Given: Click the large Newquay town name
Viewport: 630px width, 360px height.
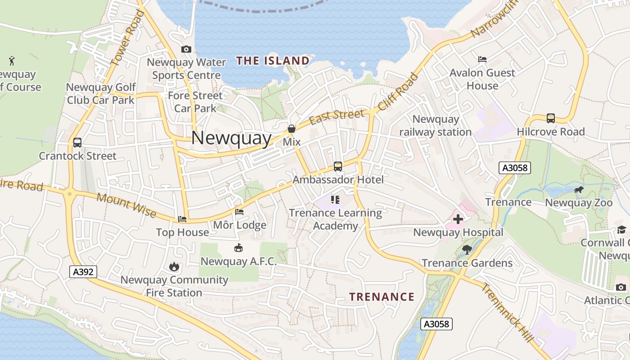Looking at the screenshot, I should pyautogui.click(x=231, y=138).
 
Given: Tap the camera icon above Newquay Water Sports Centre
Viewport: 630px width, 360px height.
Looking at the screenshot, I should pyautogui.click(x=186, y=49).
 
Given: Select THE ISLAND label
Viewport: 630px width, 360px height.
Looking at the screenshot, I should pyautogui.click(x=273, y=61).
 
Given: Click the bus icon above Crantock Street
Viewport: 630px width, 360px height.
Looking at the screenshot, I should pyautogui.click(x=77, y=143).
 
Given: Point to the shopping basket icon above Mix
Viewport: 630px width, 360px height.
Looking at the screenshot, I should pyautogui.click(x=292, y=129).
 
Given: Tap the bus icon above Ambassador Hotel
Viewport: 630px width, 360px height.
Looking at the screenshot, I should pyautogui.click(x=338, y=166).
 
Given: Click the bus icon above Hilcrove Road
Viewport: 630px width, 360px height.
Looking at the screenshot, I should pyautogui.click(x=551, y=118).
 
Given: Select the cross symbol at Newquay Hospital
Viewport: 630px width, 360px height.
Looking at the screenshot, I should pyautogui.click(x=458, y=220).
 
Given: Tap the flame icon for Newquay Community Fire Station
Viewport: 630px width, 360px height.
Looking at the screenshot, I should pyautogui.click(x=174, y=266).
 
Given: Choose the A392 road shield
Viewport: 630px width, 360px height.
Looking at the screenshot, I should pyautogui.click(x=83, y=271).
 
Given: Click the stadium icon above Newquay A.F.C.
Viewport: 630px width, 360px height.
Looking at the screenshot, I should pyautogui.click(x=238, y=247).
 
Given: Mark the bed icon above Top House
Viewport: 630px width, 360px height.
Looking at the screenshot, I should pyautogui.click(x=182, y=219).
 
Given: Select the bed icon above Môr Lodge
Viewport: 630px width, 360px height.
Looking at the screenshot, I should pyautogui.click(x=239, y=211).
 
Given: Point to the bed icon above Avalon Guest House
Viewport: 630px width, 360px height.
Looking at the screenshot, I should pyautogui.click(x=482, y=59).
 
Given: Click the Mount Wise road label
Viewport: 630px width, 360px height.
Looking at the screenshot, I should pyautogui.click(x=126, y=205).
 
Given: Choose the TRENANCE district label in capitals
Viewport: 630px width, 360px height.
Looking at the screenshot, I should pyautogui.click(x=382, y=297).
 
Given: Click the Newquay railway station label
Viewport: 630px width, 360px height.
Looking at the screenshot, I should pyautogui.click(x=436, y=126).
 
